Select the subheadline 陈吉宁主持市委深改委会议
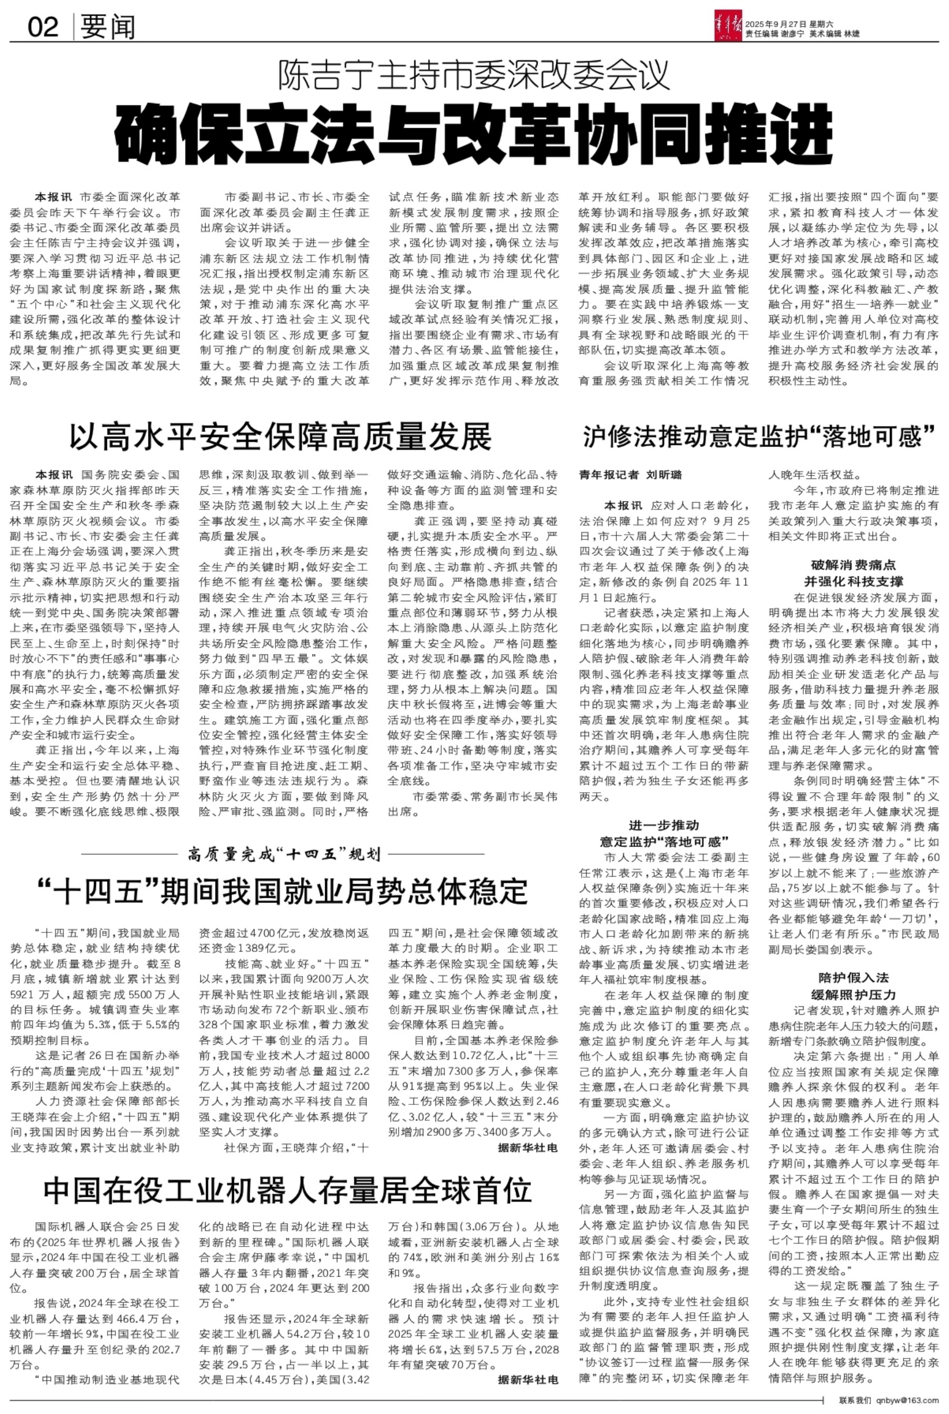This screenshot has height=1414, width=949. (474, 75)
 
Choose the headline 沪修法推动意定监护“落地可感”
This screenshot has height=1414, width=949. (759, 436)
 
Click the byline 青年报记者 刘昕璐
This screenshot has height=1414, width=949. (630, 475)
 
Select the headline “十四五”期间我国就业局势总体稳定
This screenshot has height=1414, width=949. (282, 890)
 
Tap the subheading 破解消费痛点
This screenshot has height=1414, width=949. (853, 565)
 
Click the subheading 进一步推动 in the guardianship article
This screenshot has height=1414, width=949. (663, 825)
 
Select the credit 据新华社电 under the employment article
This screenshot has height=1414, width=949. (527, 1148)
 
